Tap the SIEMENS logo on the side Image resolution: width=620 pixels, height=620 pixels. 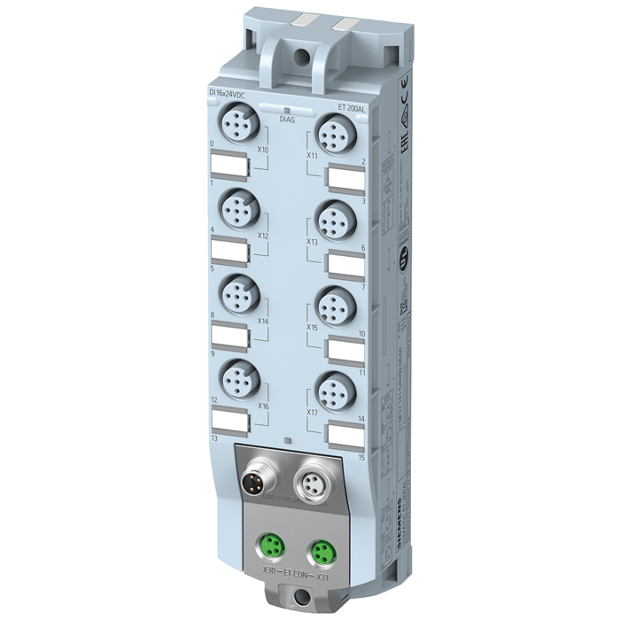click(396, 523)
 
